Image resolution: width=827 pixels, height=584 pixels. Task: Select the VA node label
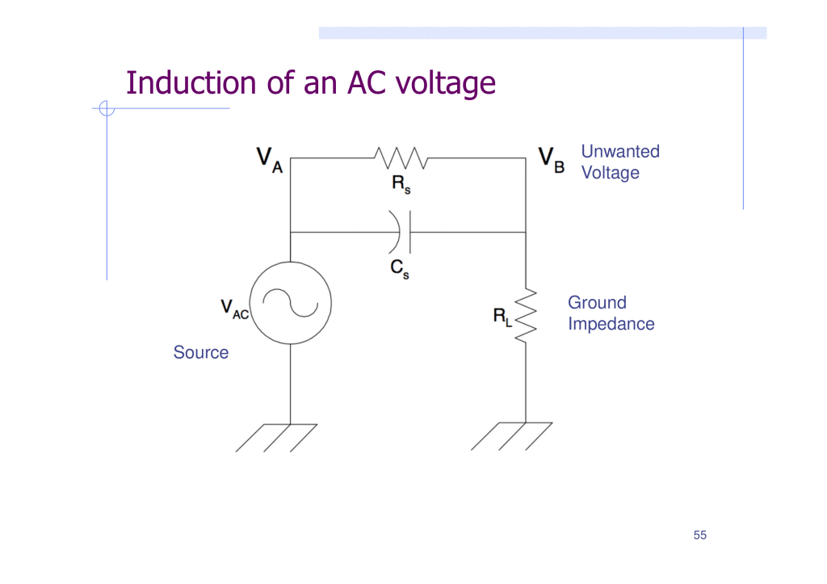(270, 159)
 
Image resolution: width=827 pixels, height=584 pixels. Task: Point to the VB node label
(552, 158)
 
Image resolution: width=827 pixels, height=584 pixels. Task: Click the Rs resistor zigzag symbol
(401, 158)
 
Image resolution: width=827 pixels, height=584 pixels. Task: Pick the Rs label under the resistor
(401, 185)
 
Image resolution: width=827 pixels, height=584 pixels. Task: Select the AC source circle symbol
(290, 303)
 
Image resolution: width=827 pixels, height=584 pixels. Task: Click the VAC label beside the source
(234, 309)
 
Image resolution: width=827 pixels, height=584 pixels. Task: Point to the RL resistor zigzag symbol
(526, 315)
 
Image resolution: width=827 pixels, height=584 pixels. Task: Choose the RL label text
(502, 317)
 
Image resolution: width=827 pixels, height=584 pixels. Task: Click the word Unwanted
(620, 151)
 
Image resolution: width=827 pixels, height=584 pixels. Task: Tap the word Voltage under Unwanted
(610, 173)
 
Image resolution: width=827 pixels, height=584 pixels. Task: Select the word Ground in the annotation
(597, 303)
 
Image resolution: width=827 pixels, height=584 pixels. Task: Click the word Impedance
(611, 324)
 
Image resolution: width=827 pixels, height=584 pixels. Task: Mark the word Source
(200, 352)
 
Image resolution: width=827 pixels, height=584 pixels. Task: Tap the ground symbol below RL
(512, 436)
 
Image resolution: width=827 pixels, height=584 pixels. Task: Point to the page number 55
(699, 536)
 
